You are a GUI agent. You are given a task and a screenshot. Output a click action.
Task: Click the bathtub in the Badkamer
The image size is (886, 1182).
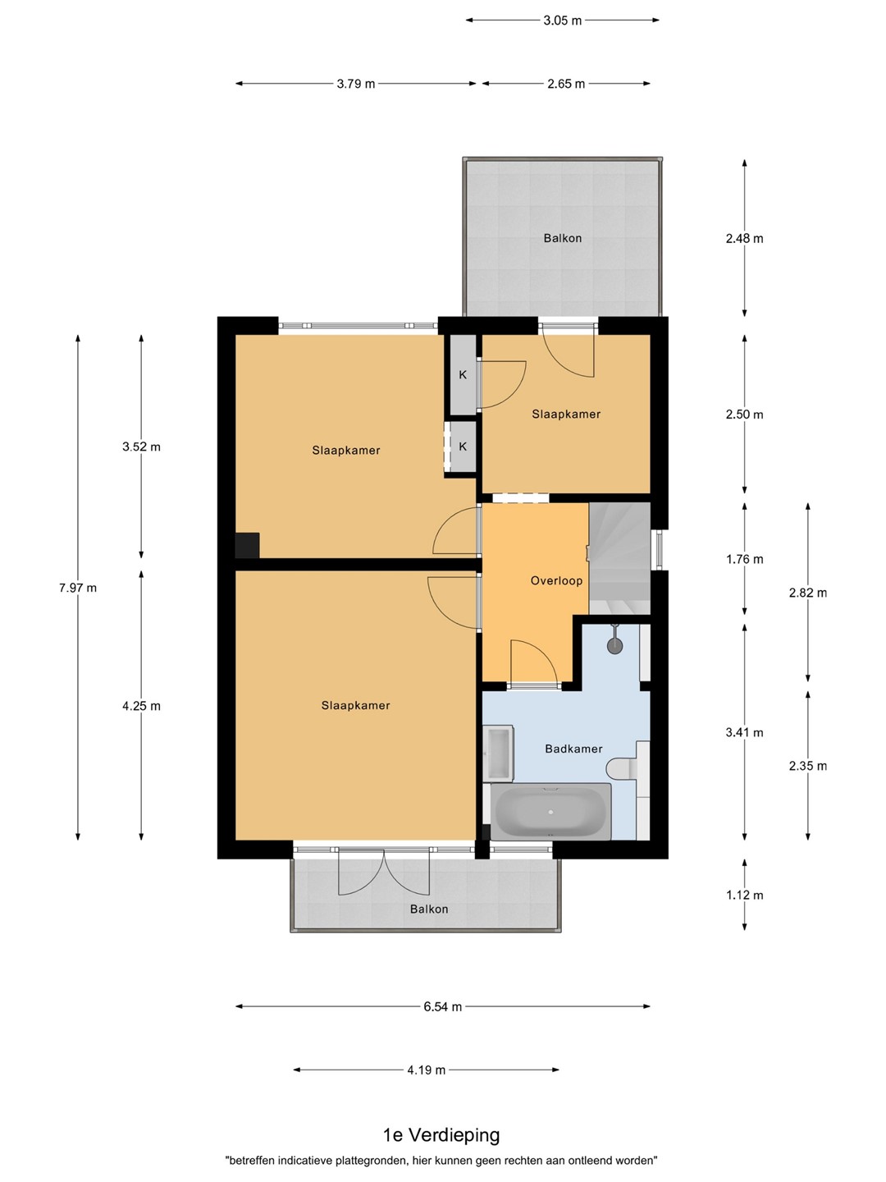[550, 812]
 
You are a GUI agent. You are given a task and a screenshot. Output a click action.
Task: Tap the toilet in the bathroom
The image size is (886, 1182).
[622, 767]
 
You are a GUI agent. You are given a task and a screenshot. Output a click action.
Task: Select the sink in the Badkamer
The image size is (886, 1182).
[498, 754]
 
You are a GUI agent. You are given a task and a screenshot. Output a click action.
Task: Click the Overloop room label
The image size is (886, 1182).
[556, 580]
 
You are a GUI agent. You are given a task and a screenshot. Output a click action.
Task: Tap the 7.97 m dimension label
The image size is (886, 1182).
[78, 588]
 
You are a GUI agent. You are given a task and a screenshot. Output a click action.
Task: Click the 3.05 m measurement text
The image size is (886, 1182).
[563, 21]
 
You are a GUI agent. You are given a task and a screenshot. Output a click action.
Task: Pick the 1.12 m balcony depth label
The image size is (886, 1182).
[745, 895]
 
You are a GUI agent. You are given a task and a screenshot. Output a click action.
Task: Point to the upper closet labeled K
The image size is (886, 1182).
[463, 375]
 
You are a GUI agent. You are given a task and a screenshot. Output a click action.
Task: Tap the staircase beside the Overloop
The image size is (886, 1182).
[619, 558]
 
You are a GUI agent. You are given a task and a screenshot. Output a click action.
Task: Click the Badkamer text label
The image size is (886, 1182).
[573, 749]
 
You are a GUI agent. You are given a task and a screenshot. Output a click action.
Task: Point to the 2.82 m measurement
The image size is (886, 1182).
[808, 593]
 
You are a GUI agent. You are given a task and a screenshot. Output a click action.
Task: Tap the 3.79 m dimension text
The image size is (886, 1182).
[356, 84]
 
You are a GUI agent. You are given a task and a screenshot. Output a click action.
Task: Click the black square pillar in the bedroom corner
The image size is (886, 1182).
[248, 546]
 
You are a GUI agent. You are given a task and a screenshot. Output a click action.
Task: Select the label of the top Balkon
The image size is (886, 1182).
[563, 238]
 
